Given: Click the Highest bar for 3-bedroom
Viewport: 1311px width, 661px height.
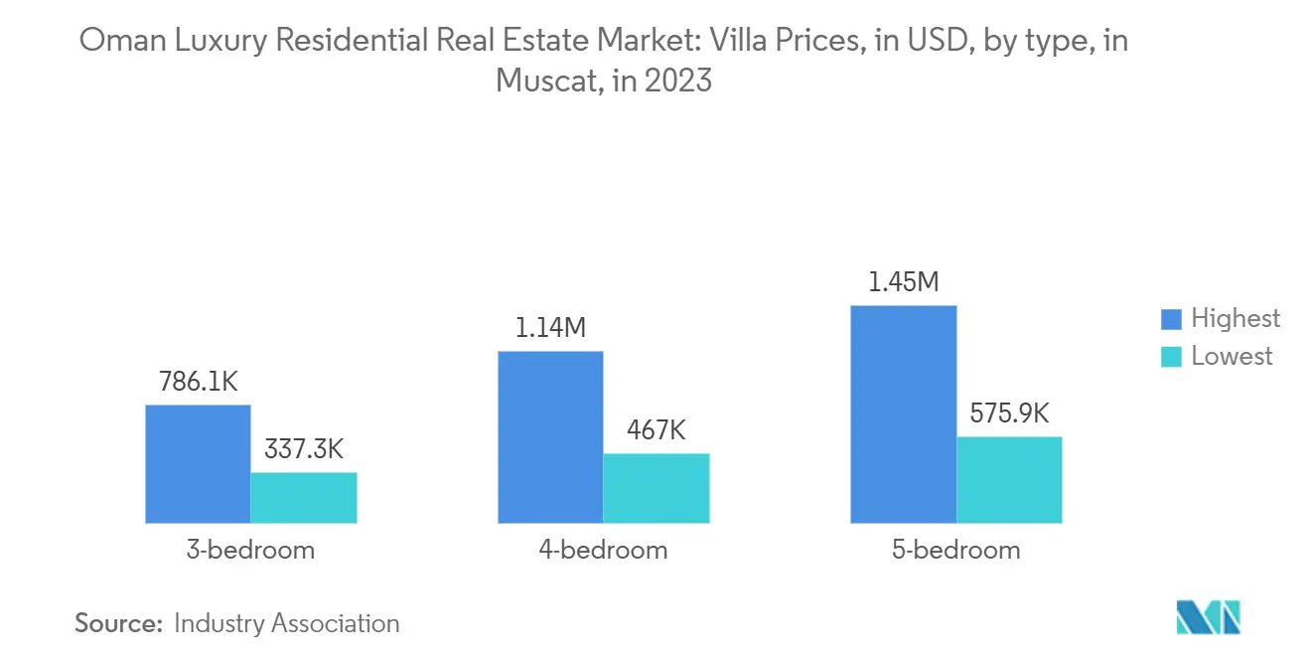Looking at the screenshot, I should (x=198, y=463).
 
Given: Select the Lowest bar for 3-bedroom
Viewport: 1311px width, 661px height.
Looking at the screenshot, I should (x=303, y=497).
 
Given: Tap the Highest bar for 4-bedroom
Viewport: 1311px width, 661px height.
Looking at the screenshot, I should (x=550, y=436).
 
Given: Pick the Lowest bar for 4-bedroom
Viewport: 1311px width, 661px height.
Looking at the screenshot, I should (x=656, y=488).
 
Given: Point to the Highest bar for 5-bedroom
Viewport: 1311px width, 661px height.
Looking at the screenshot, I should (x=903, y=413).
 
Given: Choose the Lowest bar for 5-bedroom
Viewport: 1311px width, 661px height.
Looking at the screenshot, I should (x=1009, y=479).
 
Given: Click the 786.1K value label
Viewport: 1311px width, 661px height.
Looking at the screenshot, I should (x=198, y=382).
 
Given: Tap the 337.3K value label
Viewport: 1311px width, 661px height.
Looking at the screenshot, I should (x=303, y=449).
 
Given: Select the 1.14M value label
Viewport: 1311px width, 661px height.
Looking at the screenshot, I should (x=550, y=328).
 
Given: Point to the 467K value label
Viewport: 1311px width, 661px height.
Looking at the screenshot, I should (x=656, y=430).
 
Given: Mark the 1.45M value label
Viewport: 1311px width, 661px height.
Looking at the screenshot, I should (x=903, y=282).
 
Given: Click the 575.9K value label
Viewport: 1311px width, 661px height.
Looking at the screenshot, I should (x=1009, y=413).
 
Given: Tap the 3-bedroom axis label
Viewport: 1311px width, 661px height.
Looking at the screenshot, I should (x=250, y=550).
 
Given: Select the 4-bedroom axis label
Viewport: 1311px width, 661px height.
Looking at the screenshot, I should (x=603, y=550).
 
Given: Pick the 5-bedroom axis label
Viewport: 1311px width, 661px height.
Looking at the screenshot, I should (x=955, y=550).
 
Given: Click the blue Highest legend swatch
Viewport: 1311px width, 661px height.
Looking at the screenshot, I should (x=1172, y=319).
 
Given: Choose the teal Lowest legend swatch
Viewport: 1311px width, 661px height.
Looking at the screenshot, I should (x=1172, y=357).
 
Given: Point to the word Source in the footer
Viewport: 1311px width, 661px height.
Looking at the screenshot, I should (x=117, y=623).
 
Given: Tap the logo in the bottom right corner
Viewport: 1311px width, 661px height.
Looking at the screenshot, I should (x=1208, y=617).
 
